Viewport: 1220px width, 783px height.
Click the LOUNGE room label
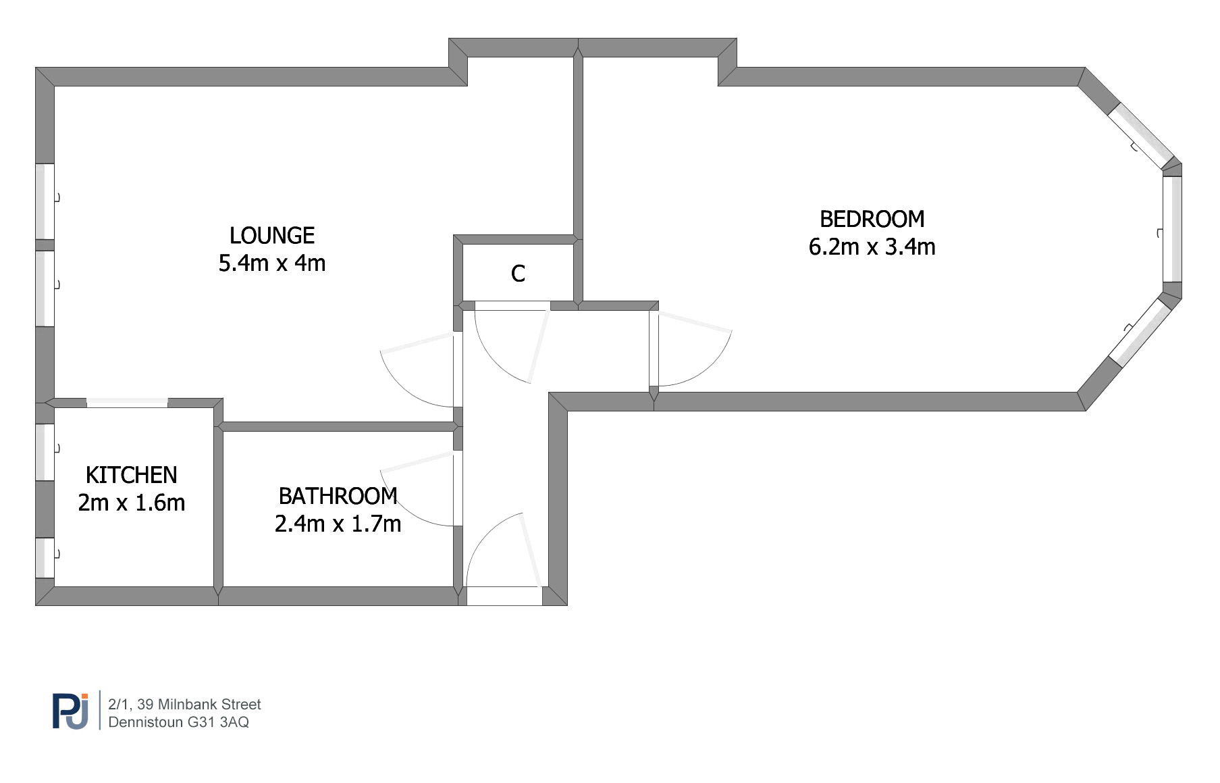pyautogui.click(x=272, y=235)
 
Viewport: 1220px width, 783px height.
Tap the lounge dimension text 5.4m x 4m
pyautogui.click(x=272, y=263)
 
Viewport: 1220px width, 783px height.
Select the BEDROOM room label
pyautogui.click(x=872, y=219)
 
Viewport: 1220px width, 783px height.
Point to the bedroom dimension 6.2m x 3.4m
pyautogui.click(x=872, y=247)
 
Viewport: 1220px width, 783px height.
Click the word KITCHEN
pyautogui.click(x=132, y=475)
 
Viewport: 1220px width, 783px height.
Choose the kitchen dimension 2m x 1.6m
pyautogui.click(x=132, y=503)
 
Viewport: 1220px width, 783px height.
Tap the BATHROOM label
pyautogui.click(x=338, y=496)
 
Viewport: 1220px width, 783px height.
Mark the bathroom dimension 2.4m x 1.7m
pyautogui.click(x=338, y=524)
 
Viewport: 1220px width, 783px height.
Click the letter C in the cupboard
pyautogui.click(x=518, y=274)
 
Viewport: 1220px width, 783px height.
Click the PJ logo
pyautogui.click(x=70, y=710)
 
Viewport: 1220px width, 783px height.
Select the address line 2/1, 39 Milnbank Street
pyautogui.click(x=184, y=704)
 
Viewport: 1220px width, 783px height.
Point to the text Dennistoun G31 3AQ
pyautogui.click(x=178, y=722)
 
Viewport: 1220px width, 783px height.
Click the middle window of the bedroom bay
pyautogui.click(x=1173, y=228)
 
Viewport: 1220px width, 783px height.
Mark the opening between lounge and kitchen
pyautogui.click(x=127, y=403)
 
